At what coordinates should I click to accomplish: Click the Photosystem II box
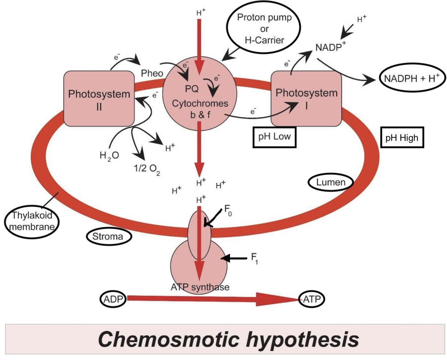(99, 99)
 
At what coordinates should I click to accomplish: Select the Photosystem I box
(306, 98)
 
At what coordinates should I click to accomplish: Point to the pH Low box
(274, 137)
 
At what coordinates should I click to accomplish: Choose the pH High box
(402, 138)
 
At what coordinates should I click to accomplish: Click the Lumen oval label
(331, 182)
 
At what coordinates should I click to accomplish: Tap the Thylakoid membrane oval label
(31, 221)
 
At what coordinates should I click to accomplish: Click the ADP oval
(113, 299)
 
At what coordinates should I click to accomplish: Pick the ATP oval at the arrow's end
(312, 299)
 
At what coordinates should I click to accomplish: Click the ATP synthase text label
(200, 287)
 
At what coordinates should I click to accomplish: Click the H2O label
(109, 156)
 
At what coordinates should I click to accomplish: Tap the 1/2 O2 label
(147, 169)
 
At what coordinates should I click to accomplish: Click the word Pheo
(152, 73)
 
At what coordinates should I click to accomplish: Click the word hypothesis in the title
(302, 340)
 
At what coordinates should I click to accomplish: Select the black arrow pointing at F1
(235, 259)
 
